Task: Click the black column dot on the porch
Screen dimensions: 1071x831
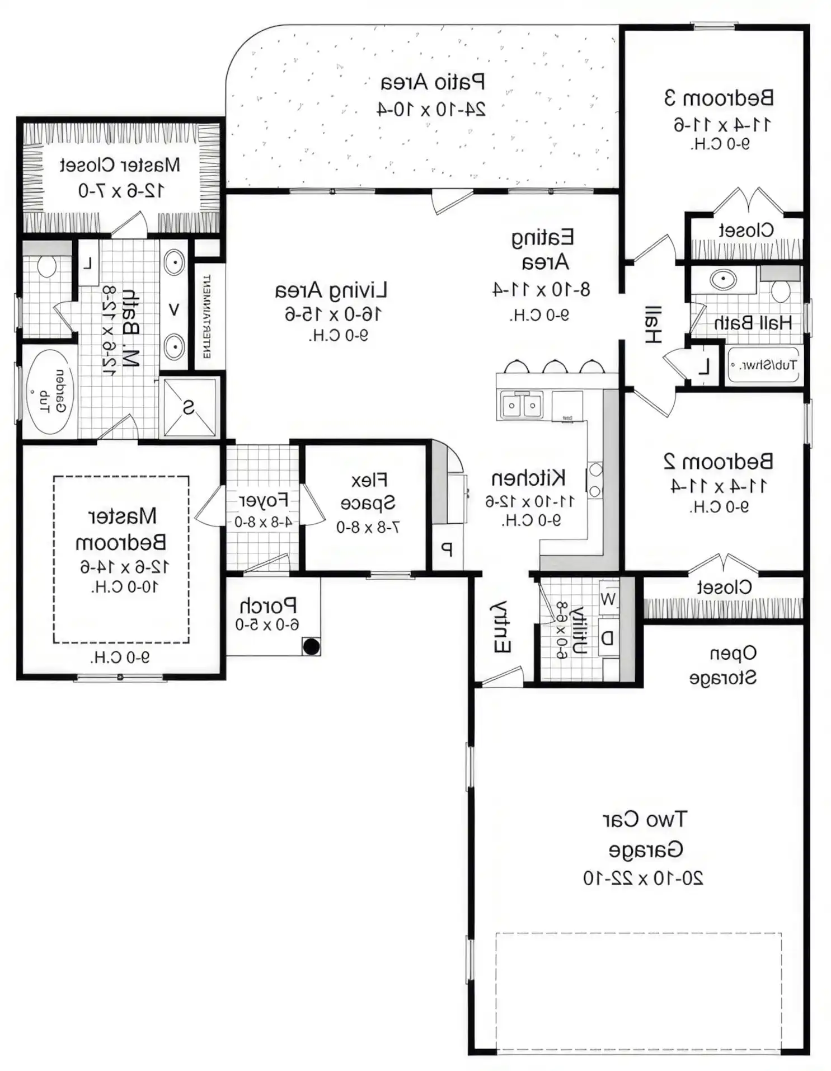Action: coord(311,646)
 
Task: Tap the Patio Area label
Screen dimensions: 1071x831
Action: coord(433,82)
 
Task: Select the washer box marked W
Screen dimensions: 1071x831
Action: coord(608,599)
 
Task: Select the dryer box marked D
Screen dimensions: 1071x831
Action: coord(608,637)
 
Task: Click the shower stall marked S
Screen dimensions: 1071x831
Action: coord(189,407)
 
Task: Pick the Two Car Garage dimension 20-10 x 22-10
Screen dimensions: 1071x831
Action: coord(643,878)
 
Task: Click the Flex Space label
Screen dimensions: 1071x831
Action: coord(368,491)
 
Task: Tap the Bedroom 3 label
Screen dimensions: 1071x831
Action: coord(719,98)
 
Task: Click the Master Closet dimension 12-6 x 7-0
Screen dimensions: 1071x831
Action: coord(121,191)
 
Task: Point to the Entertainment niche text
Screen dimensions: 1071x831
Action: coord(206,316)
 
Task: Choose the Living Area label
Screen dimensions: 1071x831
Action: coord(331,290)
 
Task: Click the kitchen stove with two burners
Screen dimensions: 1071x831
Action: coord(595,480)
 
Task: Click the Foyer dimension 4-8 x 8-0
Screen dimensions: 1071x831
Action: coord(263,522)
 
